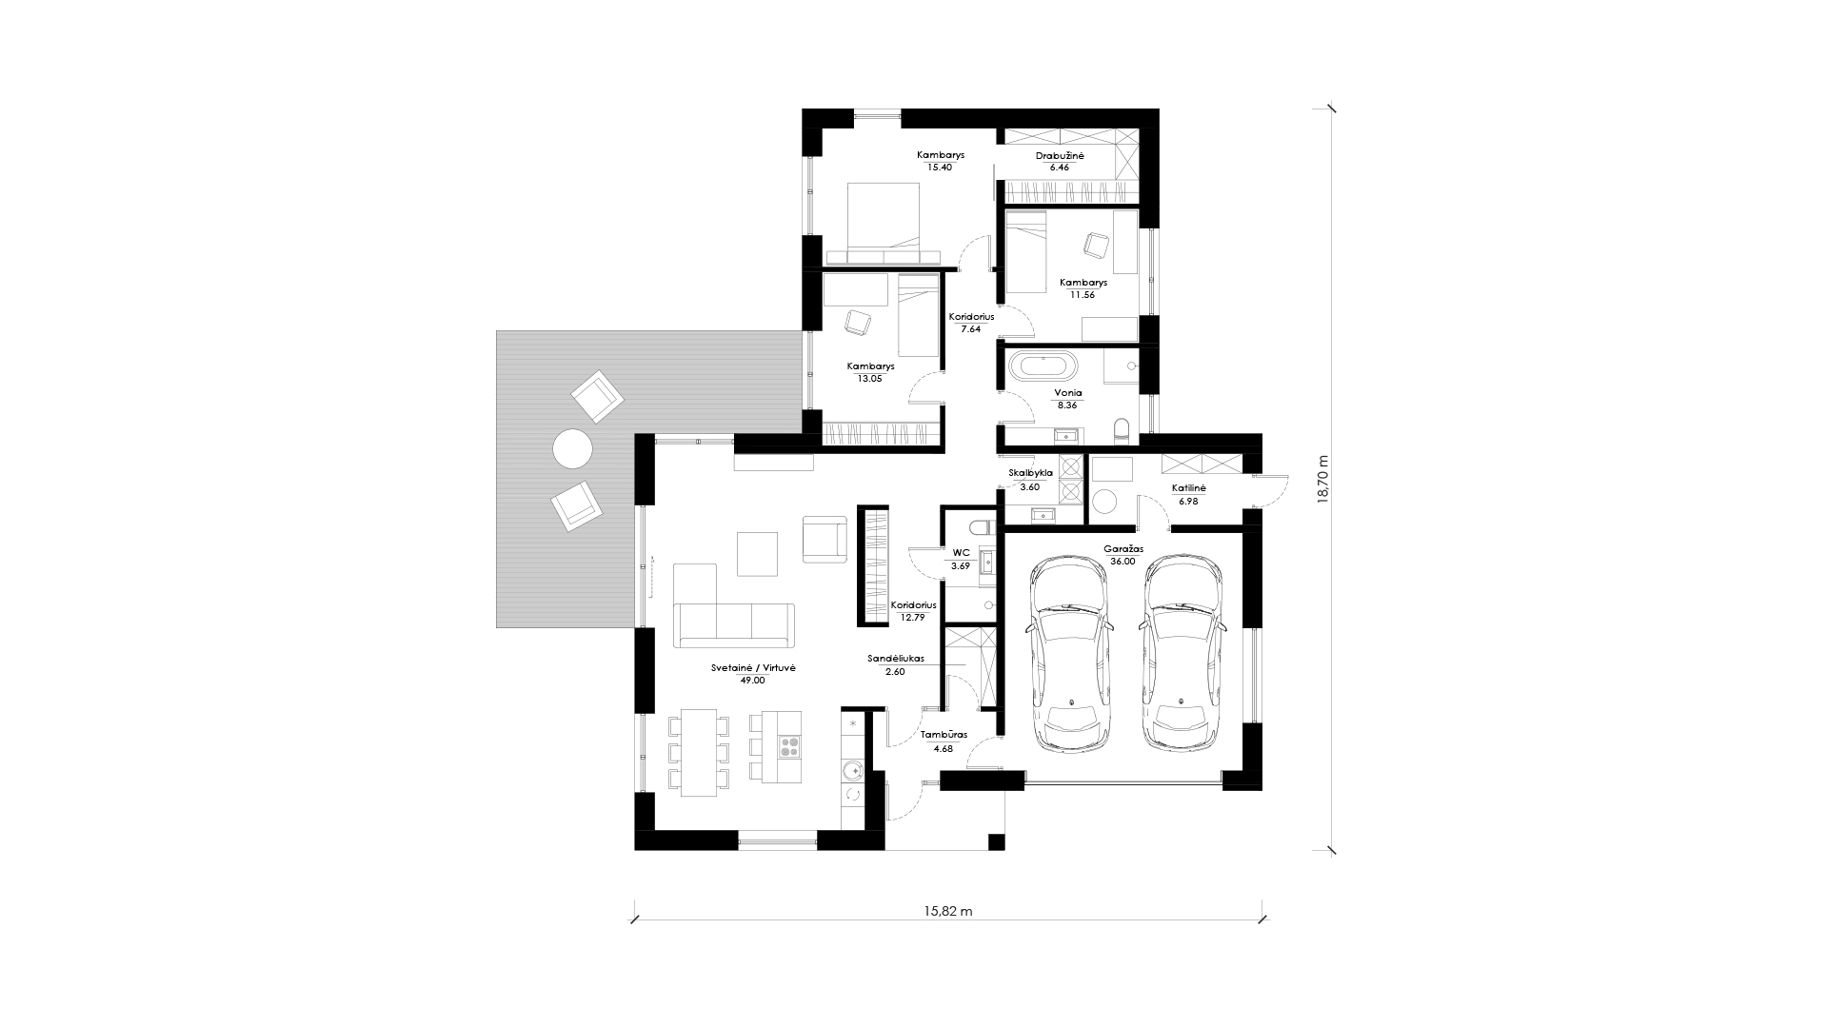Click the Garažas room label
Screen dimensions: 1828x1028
[1123, 549]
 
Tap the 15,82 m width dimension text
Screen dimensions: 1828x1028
[947, 911]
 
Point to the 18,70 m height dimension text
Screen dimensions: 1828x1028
[1321, 482]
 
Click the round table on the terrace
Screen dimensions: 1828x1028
[573, 448]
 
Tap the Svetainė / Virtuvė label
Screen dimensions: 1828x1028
[752, 668]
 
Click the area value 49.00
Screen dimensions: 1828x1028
[752, 681]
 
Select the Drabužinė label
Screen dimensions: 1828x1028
[1060, 155]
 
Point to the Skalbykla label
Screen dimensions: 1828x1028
[1030, 472]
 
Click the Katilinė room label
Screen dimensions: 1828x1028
[1188, 488]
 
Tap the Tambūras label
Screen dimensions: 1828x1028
[944, 735]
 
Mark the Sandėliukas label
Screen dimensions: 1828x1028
[895, 658]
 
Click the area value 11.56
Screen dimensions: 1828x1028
[1082, 295]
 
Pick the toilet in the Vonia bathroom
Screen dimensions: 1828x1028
[1121, 430]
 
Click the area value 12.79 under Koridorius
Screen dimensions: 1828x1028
[913, 617]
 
